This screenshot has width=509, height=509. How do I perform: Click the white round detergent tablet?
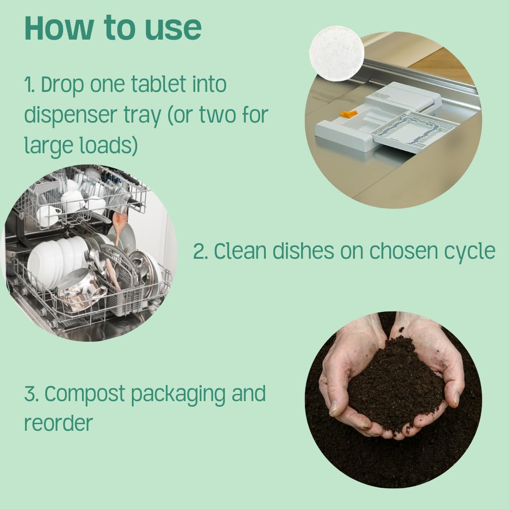337,53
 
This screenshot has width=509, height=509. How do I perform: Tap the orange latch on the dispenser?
348,114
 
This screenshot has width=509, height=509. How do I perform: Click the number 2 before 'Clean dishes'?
200,252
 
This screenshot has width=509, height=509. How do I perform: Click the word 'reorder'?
58,423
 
